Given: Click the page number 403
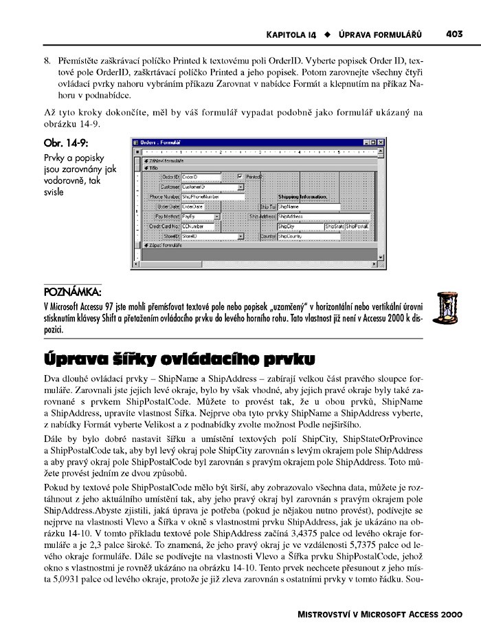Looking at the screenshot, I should [x=454, y=32].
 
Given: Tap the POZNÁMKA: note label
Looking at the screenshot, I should [x=72, y=292].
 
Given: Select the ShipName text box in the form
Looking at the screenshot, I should [x=308, y=206].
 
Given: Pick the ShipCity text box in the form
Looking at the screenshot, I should [x=299, y=226].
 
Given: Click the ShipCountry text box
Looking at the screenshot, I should [x=308, y=236].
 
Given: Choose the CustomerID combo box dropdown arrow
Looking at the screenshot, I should [x=240, y=187].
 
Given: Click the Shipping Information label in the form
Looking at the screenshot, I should [x=302, y=196].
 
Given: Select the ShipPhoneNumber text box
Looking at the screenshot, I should [x=213, y=196].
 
